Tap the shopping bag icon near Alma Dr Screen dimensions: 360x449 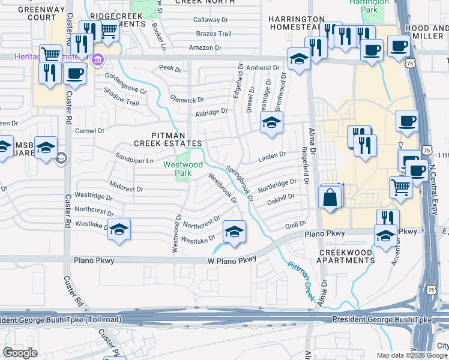click(330, 197)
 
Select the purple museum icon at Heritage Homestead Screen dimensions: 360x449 click(97, 60)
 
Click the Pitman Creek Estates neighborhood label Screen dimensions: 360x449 click(167, 139)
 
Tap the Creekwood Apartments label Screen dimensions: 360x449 click(347, 256)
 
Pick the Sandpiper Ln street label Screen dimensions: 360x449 click(134, 161)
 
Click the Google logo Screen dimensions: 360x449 click(20, 353)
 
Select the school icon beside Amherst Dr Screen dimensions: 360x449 click(297, 59)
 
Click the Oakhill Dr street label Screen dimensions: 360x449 click(281, 199)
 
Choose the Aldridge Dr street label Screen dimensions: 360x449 click(211, 111)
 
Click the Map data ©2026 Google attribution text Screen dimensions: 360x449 click(411, 355)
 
